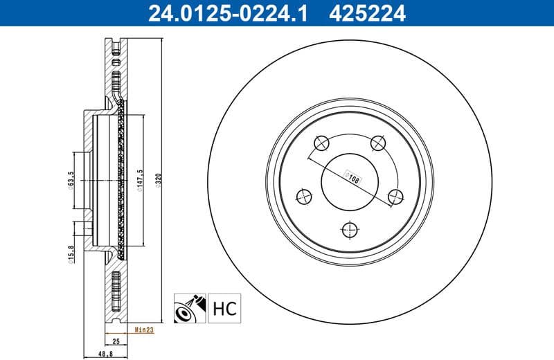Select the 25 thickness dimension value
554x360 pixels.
[x=116, y=341]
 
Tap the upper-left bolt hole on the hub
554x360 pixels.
[x=321, y=143]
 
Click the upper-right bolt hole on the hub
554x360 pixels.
[x=378, y=143]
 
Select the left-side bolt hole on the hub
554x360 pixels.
[x=304, y=197]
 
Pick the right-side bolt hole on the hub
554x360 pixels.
[x=395, y=197]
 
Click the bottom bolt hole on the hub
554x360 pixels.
[x=350, y=230]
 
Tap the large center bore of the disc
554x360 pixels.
[x=350, y=181]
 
